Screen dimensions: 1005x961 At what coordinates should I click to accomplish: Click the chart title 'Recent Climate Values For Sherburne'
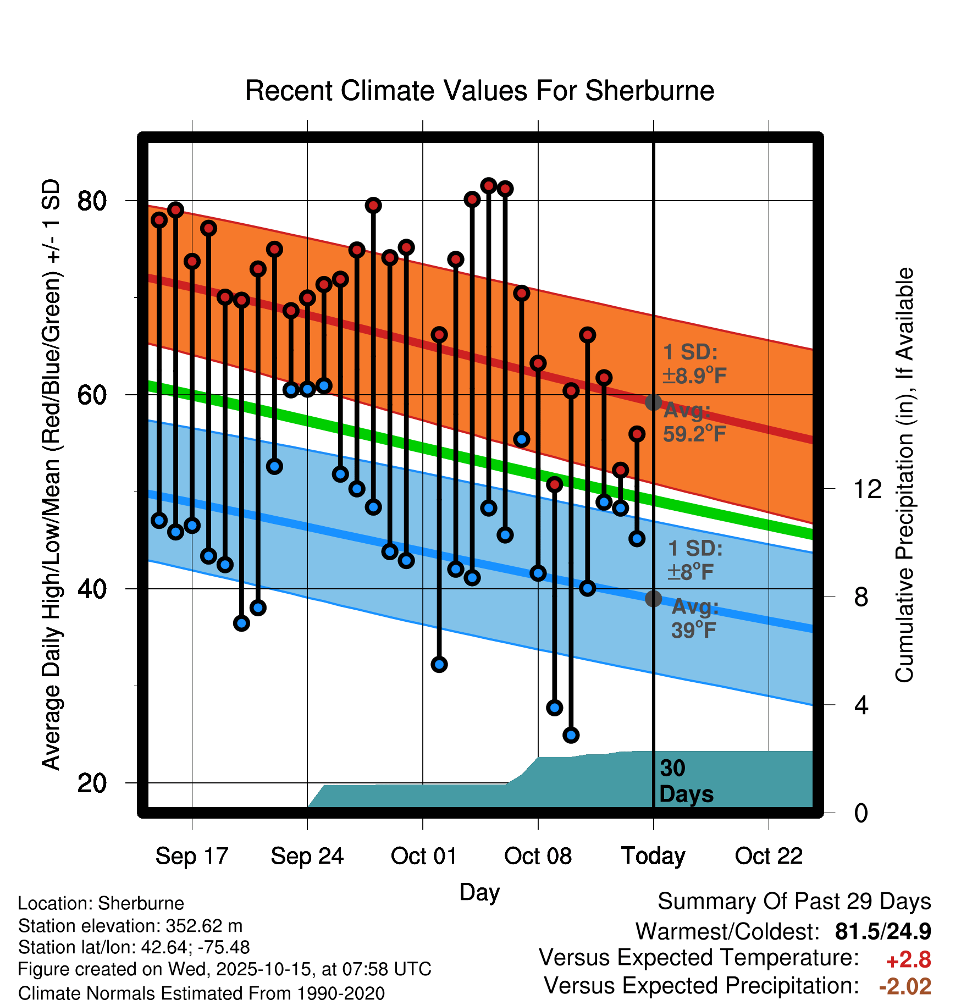pyautogui.click(x=479, y=91)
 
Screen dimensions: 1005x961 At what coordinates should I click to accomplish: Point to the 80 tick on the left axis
pyautogui.click(x=92, y=201)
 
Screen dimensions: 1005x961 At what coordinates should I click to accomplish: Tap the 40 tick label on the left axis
pyautogui.click(x=92, y=589)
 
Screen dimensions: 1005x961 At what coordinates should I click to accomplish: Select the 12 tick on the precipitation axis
pyautogui.click(x=867, y=489)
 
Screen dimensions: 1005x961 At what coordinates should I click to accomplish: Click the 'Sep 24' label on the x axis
pyautogui.click(x=307, y=856)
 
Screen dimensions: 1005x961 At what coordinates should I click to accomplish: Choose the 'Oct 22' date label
pyautogui.click(x=769, y=856)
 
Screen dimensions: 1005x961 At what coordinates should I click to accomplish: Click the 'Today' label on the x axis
pyautogui.click(x=653, y=856)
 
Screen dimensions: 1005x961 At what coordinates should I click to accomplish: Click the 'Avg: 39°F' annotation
pyautogui.click(x=694, y=619)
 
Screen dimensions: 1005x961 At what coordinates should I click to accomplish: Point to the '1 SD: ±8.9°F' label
pyautogui.click(x=694, y=364)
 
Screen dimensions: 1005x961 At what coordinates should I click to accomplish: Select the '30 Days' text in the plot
pyautogui.click(x=686, y=781)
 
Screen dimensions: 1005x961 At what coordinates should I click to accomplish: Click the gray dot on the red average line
pyautogui.click(x=653, y=402)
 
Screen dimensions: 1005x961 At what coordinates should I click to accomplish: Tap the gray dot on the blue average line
pyautogui.click(x=653, y=599)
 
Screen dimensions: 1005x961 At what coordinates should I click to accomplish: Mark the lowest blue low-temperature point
pyautogui.click(x=571, y=735)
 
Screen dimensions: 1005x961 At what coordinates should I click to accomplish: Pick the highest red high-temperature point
pyautogui.click(x=488, y=186)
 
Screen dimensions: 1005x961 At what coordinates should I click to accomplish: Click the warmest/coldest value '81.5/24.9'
pyautogui.click(x=882, y=931)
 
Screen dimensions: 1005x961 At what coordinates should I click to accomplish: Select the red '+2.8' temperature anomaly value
pyautogui.click(x=908, y=960)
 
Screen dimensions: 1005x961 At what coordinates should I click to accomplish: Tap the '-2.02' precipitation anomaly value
pyautogui.click(x=905, y=986)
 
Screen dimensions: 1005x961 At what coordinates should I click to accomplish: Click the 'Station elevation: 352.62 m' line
pyautogui.click(x=130, y=926)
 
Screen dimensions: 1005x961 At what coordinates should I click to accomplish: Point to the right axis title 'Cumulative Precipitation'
pyautogui.click(x=904, y=476)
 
